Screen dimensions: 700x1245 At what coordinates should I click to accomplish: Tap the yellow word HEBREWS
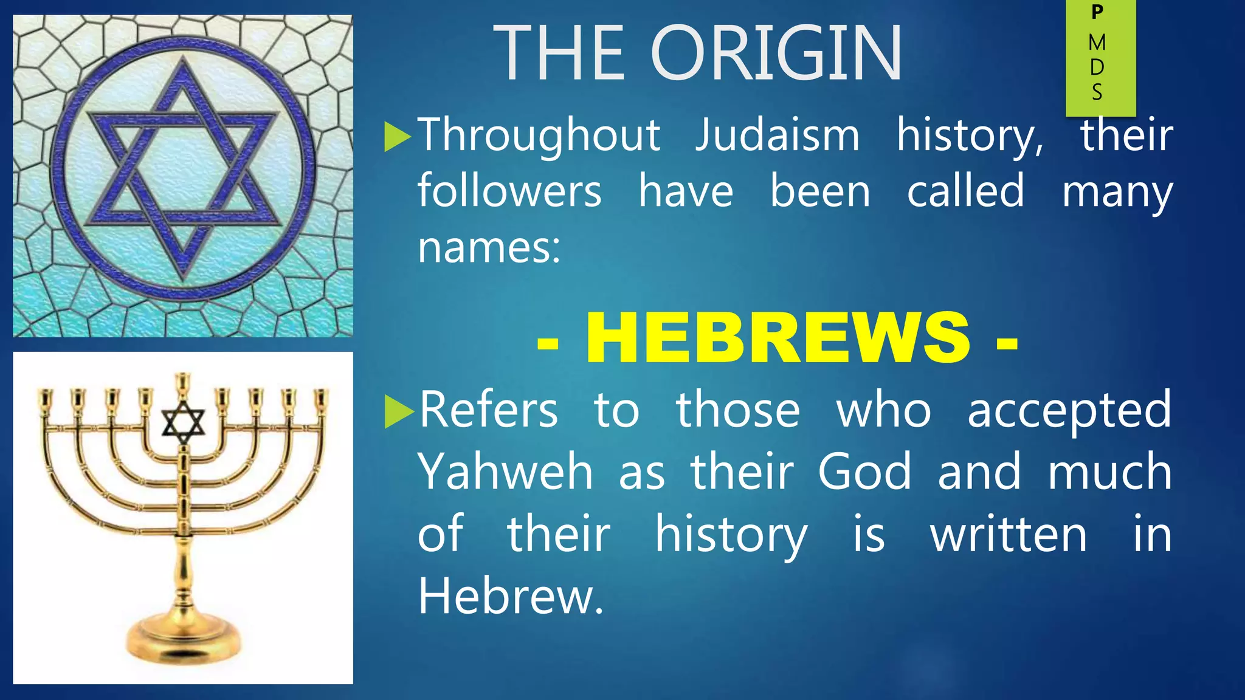coord(778,338)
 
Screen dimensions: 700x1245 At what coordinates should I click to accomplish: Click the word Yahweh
coord(505,472)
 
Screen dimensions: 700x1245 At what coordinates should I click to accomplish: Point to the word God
coord(864,472)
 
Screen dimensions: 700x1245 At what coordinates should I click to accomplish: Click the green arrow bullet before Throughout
coord(398,137)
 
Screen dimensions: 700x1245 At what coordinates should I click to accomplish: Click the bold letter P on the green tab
coord(1097,12)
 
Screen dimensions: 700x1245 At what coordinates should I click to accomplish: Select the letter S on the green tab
coord(1097,92)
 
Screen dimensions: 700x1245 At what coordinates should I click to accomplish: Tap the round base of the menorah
coord(182,638)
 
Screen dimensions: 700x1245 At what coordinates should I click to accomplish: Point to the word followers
coord(509,191)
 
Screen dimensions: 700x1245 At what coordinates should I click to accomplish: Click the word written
coord(1008,535)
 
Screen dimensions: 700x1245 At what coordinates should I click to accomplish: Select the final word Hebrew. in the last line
coord(511,597)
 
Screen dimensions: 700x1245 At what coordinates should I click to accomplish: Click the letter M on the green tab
coord(1097,43)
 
